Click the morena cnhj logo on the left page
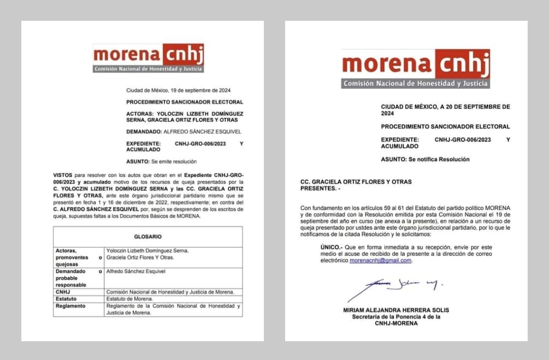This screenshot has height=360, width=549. tap(148, 57)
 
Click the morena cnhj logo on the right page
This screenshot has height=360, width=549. tap(415, 69)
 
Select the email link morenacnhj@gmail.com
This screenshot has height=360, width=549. tap(380, 260)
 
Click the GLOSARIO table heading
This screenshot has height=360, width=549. tap(147, 236)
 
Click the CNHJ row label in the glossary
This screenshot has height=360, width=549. tap(63, 292)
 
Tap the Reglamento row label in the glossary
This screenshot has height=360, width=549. tap(71, 306)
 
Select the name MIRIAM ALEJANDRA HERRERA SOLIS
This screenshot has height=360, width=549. tap(396, 310)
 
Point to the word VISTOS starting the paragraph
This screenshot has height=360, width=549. tap(63, 175)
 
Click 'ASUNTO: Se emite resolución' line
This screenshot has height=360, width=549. tap(161, 162)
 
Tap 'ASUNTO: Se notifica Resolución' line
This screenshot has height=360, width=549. tap(425, 159)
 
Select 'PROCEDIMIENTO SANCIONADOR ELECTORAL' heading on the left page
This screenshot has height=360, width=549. tap(185, 102)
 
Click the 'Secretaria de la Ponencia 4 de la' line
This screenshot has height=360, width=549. tap(396, 316)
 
